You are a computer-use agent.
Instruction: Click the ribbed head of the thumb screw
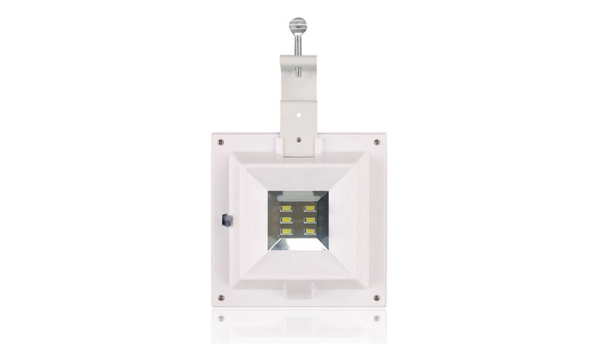coord(298,26)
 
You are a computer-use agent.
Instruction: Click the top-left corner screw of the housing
coord(220,142)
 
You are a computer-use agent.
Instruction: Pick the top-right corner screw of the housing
coord(377,142)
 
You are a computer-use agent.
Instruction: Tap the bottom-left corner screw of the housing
coord(220,297)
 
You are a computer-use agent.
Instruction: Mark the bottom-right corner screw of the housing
coord(377,297)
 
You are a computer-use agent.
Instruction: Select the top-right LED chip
coord(310,207)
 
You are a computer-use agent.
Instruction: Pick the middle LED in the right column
coord(310,219)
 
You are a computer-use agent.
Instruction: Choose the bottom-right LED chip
coord(310,231)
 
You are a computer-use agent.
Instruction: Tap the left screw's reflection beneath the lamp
coord(220,318)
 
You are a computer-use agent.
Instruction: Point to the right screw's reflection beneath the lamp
coord(377,318)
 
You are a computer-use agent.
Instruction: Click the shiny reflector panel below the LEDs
coord(298,242)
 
